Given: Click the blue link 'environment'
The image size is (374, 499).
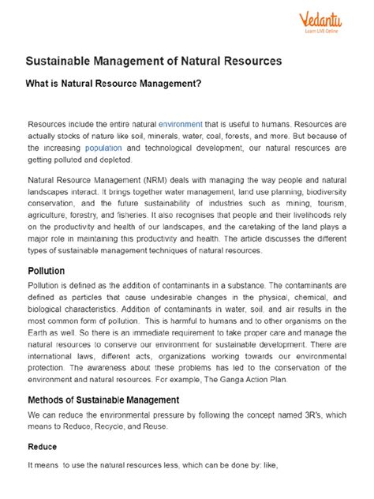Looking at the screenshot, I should [181, 125].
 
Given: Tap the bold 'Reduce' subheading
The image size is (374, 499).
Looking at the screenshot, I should [43, 446].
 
